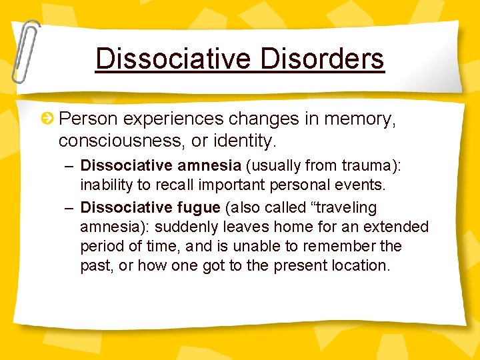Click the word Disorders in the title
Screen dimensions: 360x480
click(323, 59)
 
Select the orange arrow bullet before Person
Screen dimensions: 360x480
click(48, 119)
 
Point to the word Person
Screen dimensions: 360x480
click(88, 119)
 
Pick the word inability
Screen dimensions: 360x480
click(103, 183)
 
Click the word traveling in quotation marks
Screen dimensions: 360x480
click(343, 207)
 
